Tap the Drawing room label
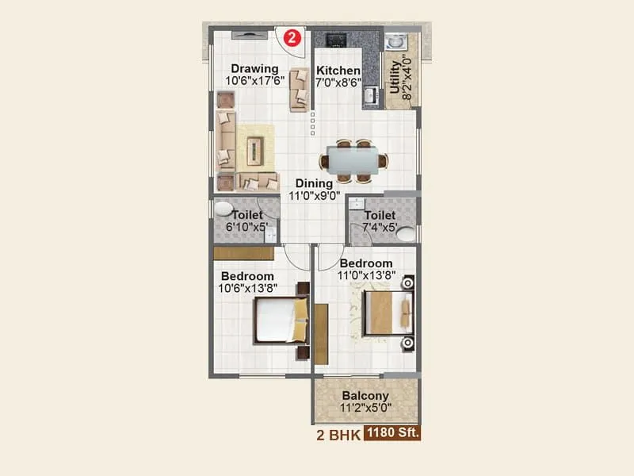tap(254, 68)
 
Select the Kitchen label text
tap(338, 71)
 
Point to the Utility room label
tap(395, 77)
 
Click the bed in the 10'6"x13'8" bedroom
tap(280, 320)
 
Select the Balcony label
tap(365, 396)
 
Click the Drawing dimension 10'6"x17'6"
tap(254, 80)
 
